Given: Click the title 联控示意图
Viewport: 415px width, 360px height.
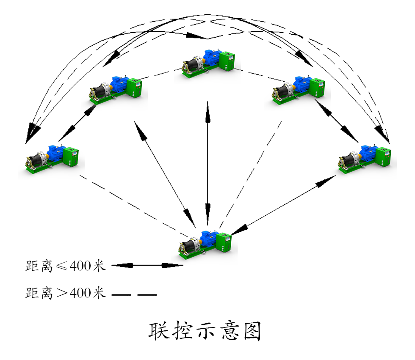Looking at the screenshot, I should pos(205,331).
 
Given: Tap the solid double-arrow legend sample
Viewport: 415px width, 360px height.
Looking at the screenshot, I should pos(147,266).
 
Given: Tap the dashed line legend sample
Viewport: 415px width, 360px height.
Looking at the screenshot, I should pos(134,294).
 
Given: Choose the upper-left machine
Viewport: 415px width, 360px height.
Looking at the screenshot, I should pos(116,89).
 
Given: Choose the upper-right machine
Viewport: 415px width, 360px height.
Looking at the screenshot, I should pos(298,89).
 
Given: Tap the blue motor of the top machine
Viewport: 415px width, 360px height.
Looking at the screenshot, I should pos(210,57).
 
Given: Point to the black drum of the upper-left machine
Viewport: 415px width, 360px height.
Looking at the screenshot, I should pos(101,91).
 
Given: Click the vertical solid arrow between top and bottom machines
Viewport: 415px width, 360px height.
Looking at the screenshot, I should pos(207,165).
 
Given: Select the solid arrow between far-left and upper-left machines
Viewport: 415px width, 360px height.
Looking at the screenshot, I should pos(77,123).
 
